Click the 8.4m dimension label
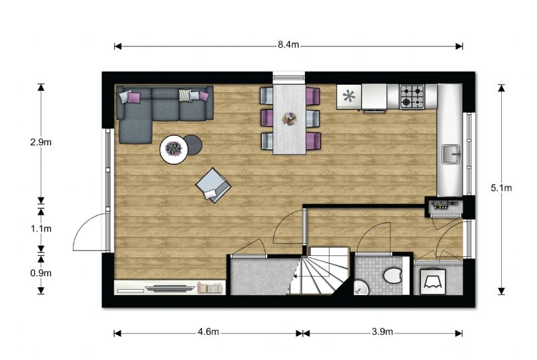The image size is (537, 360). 288,45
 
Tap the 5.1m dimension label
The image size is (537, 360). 501,188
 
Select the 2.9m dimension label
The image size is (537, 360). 40,142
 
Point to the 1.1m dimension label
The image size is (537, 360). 40,229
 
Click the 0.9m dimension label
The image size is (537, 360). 40,273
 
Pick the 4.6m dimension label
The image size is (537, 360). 208,331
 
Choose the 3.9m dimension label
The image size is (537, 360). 383,331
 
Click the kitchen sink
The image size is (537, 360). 451,154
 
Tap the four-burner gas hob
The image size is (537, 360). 412,97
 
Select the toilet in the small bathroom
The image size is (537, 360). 392,275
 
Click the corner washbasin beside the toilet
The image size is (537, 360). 360,288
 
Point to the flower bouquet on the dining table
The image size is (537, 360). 290,119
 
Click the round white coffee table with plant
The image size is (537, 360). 174,149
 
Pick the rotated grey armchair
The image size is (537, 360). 213,186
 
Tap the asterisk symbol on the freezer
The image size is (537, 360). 349,96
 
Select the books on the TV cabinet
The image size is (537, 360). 209,288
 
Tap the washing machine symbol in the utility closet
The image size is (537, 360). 432,282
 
